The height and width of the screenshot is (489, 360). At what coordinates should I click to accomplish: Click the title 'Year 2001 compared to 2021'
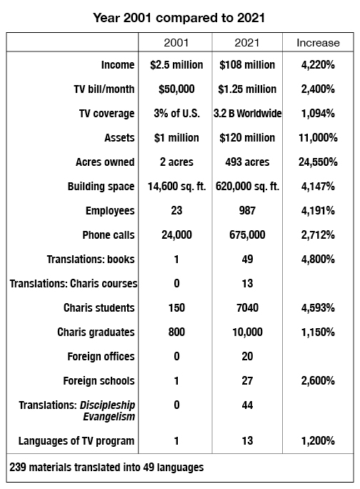180,15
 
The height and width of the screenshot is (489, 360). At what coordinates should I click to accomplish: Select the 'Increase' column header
319,43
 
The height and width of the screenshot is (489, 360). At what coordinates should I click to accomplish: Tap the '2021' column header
247,43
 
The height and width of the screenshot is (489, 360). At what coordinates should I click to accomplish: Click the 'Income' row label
118,65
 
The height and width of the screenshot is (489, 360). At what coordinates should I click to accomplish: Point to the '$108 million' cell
247,65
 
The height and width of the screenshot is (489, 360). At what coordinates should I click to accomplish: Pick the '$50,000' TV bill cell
176,89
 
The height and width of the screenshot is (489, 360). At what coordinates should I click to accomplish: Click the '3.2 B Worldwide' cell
247,114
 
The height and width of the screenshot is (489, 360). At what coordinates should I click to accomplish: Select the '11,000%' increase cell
319,138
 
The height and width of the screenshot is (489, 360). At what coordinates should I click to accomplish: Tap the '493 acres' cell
247,162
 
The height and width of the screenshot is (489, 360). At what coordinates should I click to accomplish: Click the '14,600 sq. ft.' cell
176,187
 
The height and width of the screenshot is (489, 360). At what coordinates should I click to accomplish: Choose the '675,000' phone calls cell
247,235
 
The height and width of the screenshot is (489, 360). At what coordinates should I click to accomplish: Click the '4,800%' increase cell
319,260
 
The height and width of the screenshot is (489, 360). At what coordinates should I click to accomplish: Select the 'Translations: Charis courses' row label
73,284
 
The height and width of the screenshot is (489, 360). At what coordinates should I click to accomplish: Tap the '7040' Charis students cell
247,308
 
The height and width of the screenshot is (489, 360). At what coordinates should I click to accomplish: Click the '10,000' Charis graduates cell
247,332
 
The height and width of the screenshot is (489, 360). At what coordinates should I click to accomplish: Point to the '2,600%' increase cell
319,381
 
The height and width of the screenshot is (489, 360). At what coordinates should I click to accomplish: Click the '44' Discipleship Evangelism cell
247,405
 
